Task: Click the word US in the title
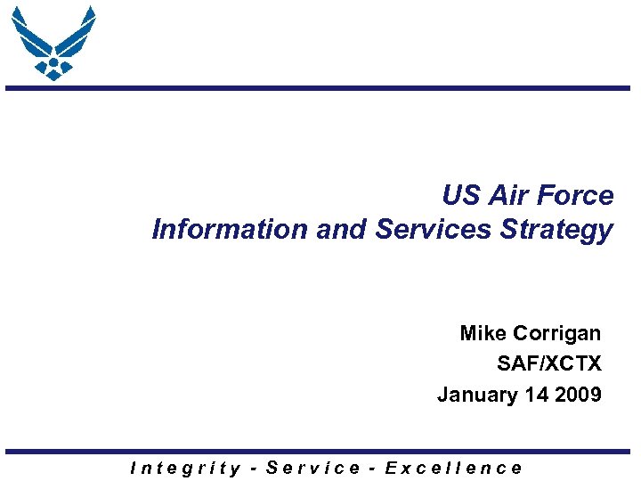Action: click(x=459, y=196)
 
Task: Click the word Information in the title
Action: click(x=231, y=230)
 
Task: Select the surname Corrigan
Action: click(x=558, y=335)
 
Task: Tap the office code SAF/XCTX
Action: click(x=549, y=364)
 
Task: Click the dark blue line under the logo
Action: click(x=320, y=88)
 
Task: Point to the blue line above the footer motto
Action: click(x=320, y=452)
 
